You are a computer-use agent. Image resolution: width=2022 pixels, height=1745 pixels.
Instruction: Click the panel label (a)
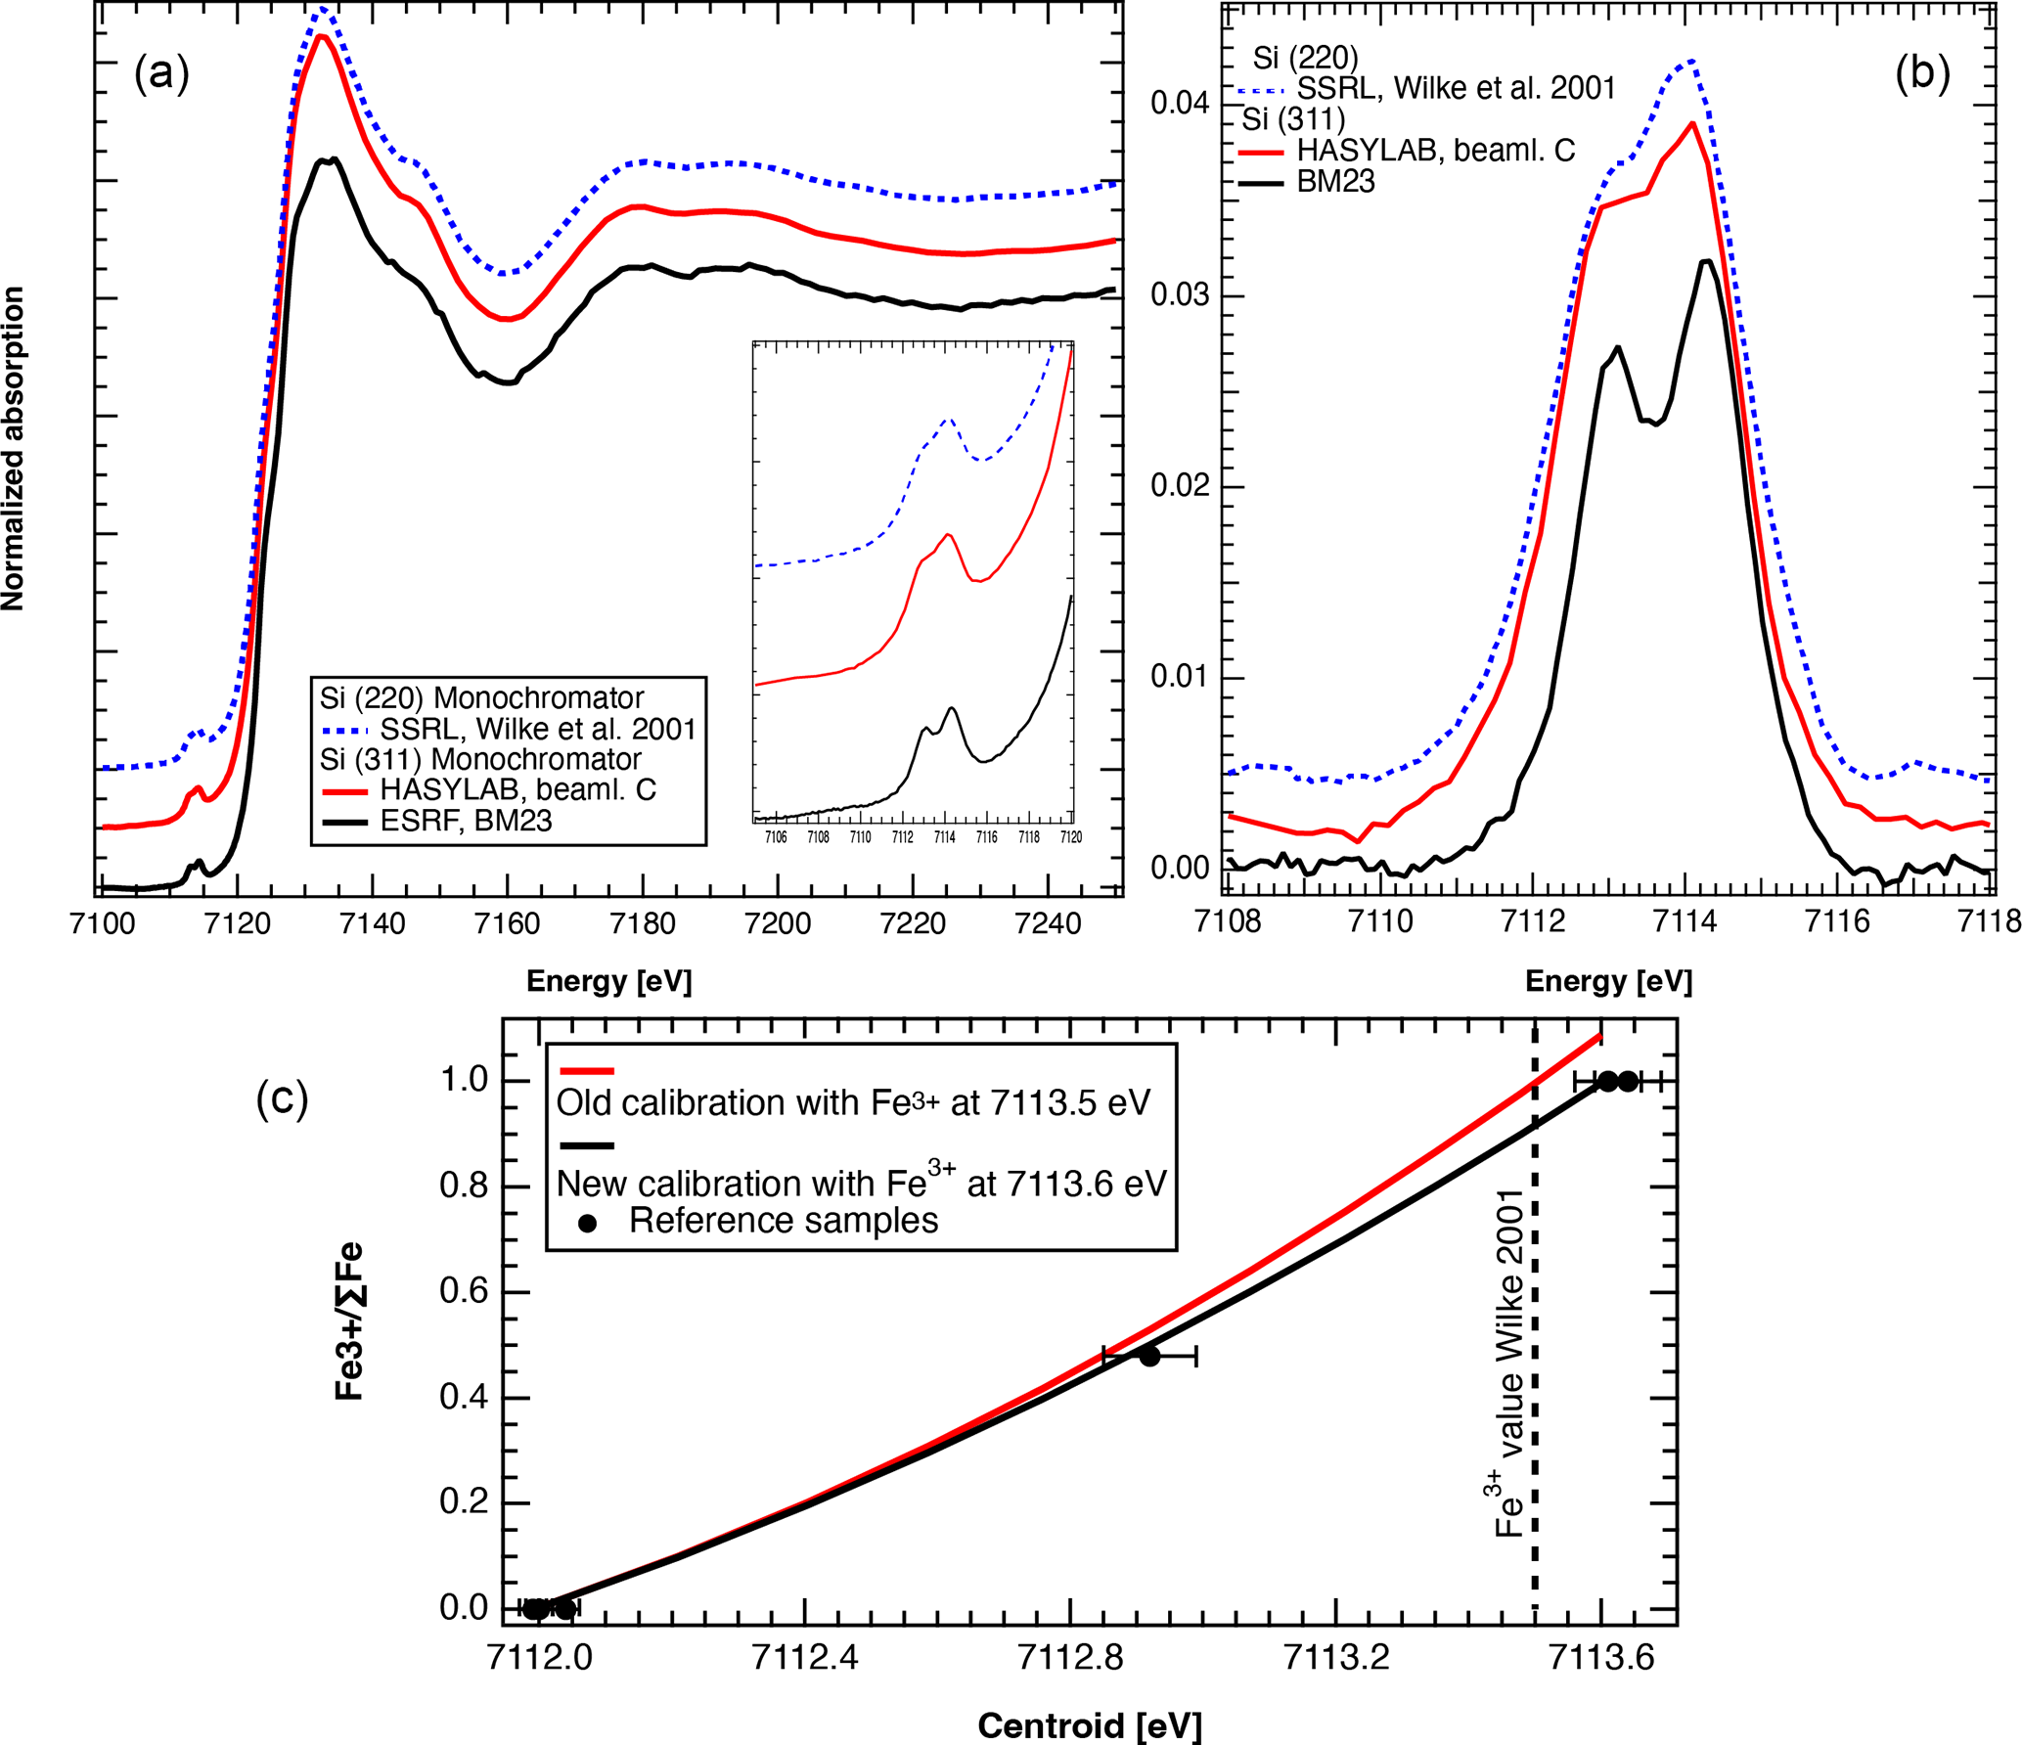point(161,73)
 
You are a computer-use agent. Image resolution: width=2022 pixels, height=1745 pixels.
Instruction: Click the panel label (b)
point(1922,73)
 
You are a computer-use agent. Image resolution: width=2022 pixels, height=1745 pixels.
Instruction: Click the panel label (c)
point(282,1098)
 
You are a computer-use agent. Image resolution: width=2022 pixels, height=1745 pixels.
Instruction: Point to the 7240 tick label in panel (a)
point(1048,923)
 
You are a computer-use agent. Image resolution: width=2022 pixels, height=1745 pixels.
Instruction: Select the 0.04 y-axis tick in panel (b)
point(1180,104)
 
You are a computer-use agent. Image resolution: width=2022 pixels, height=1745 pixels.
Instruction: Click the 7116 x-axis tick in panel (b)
point(1837,921)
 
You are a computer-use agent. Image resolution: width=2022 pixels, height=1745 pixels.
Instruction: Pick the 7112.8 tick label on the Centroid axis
point(1070,1658)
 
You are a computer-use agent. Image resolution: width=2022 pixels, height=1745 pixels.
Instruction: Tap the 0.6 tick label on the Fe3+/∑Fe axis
point(464,1291)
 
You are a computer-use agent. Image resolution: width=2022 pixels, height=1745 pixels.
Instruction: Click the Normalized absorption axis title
point(13,449)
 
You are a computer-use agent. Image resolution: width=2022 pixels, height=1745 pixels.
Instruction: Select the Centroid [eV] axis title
point(1089,1726)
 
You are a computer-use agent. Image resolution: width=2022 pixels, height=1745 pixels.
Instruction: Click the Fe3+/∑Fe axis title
point(349,1321)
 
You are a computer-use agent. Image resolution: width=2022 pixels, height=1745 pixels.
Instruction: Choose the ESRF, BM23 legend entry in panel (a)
point(466,821)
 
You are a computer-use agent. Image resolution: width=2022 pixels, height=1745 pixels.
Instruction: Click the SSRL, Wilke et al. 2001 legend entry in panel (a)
point(537,729)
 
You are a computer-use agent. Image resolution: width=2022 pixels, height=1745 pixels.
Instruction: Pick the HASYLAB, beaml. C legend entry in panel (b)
point(1435,151)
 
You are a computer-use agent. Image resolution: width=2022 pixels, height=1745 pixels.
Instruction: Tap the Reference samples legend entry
point(783,1221)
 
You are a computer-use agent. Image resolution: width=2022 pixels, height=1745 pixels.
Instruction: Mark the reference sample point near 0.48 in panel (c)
point(1149,1356)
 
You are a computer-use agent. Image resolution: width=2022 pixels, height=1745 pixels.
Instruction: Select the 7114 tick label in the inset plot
point(944,837)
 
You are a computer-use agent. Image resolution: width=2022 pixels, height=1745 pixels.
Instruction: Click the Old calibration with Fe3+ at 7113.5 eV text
point(853,1103)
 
